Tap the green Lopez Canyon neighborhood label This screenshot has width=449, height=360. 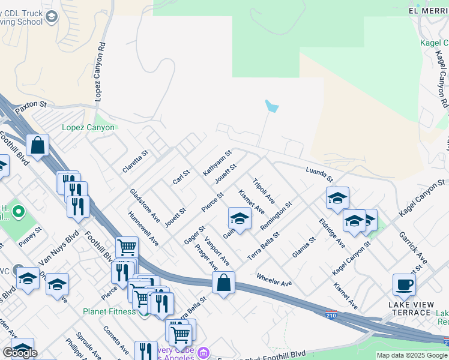[88, 127]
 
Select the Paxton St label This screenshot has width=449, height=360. [31, 105]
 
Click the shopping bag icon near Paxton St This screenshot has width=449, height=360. [37, 146]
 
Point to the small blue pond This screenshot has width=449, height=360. [272, 107]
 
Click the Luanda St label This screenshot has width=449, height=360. [319, 174]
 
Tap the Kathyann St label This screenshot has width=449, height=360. [217, 163]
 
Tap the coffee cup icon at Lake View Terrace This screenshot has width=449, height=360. [404, 285]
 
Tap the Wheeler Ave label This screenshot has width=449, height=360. [274, 279]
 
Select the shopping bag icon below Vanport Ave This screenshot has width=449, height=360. [223, 283]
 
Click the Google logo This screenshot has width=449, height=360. [20, 353]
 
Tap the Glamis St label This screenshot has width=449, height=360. [304, 248]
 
